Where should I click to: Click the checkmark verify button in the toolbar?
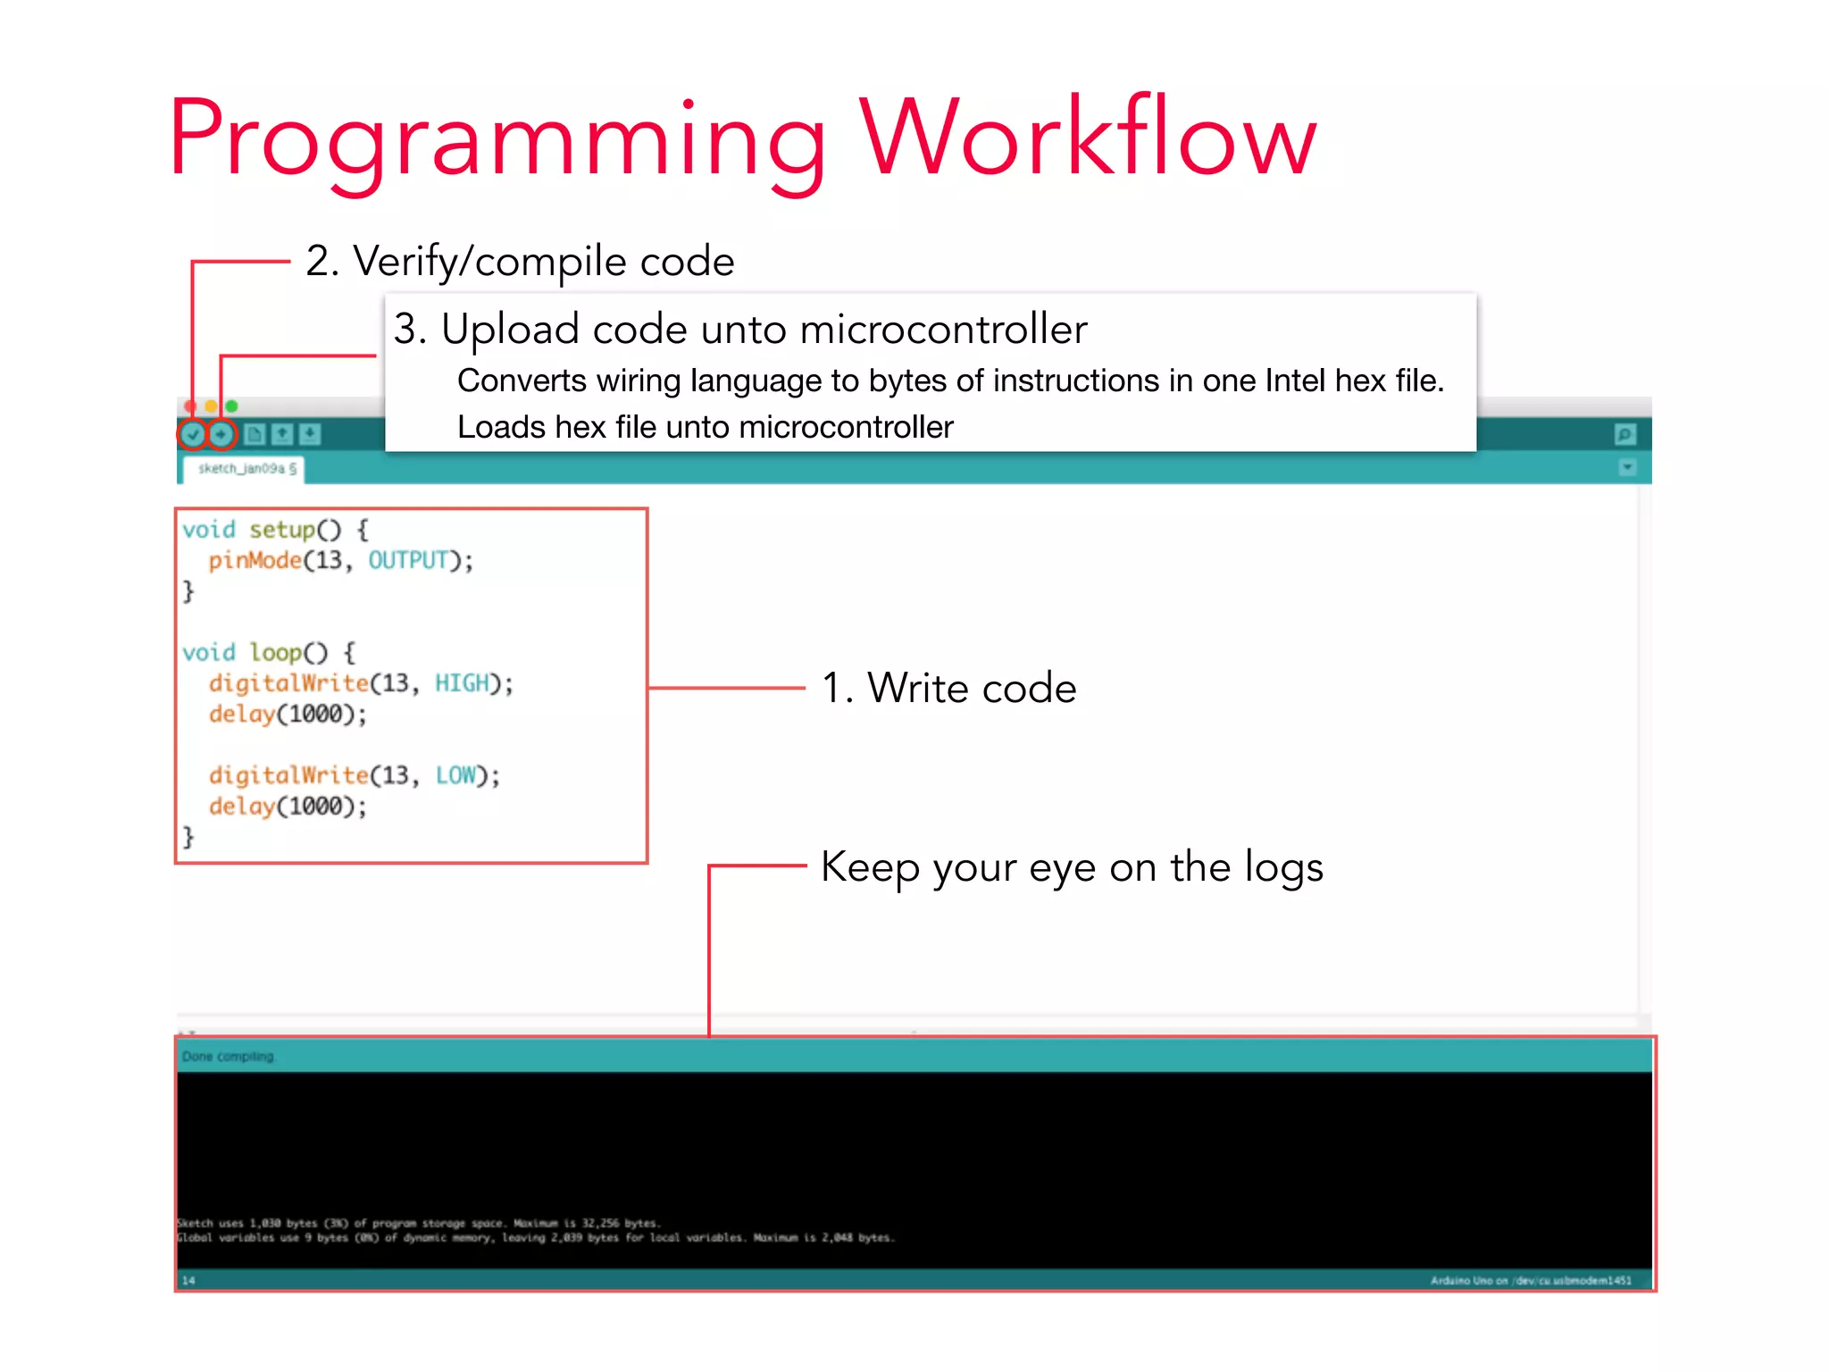point(192,435)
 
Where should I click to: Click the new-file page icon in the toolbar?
point(255,435)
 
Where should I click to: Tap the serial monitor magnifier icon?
point(1624,435)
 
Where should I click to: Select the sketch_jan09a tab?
point(242,469)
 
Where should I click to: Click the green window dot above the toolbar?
point(232,406)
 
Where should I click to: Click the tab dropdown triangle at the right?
point(1627,467)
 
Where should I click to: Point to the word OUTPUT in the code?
point(408,561)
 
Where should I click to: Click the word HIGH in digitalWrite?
point(463,683)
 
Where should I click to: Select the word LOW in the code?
point(455,775)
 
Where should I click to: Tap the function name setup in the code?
point(282,530)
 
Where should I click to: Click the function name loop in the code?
point(276,653)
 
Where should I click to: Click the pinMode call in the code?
point(255,561)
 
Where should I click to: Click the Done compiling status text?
point(228,1057)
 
